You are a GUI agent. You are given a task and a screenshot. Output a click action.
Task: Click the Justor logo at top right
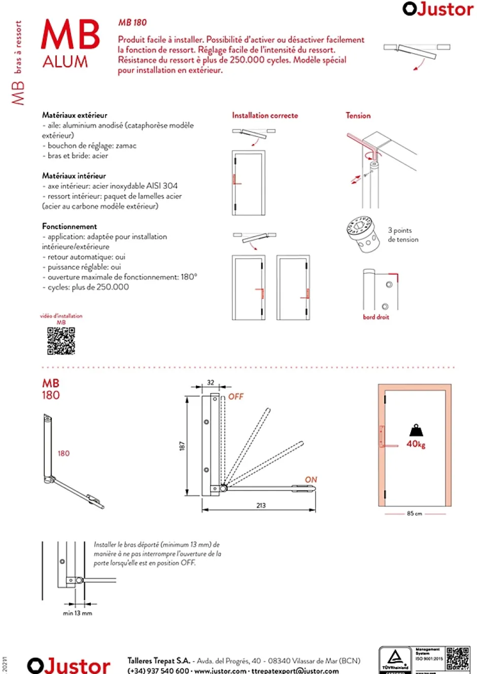(x=437, y=9)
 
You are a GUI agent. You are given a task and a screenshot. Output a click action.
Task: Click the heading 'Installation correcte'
(x=265, y=116)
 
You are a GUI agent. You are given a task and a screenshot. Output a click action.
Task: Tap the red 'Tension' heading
(x=358, y=116)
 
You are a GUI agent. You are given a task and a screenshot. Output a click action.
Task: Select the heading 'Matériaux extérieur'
(x=75, y=115)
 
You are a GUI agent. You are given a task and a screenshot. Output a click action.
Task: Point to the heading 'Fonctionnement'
(x=70, y=226)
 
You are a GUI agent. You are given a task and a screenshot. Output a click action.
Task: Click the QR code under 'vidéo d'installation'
(x=61, y=341)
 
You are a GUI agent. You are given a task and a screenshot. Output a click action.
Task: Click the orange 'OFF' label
(x=236, y=397)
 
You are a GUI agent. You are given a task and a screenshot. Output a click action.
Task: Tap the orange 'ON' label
(x=311, y=480)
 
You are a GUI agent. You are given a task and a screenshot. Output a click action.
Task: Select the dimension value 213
(x=261, y=506)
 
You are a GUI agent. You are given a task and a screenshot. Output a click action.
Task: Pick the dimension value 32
(x=211, y=383)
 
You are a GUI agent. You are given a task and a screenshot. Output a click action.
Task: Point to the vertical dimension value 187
(x=182, y=446)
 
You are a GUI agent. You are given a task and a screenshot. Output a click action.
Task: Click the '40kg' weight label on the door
(x=416, y=444)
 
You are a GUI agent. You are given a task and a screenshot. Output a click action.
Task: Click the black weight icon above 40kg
(x=416, y=431)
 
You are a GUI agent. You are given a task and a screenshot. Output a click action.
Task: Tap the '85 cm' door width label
(x=414, y=514)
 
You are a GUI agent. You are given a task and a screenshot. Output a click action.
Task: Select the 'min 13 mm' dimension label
(x=78, y=613)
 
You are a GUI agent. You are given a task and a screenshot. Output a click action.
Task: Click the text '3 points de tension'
(x=403, y=235)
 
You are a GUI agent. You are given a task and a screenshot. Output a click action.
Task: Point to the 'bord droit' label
(x=376, y=317)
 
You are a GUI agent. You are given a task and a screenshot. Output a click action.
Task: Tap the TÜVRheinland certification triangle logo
(x=395, y=658)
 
